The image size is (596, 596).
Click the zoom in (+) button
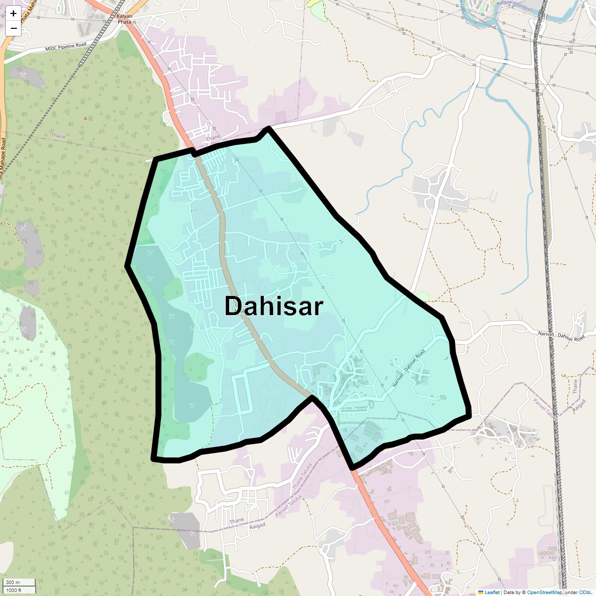point(13,13)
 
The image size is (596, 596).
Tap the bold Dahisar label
point(274,306)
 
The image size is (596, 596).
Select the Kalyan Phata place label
point(124,19)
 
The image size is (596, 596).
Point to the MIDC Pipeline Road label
point(66,47)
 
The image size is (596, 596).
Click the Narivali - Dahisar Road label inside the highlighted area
point(409,369)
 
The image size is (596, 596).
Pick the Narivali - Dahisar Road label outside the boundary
point(561,336)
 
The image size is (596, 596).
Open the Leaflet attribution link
point(492,592)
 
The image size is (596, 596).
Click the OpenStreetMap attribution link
point(544,592)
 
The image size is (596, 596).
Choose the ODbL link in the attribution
point(585,592)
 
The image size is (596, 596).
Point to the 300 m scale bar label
point(13,582)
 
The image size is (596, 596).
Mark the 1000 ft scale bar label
point(14,590)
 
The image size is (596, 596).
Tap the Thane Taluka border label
point(302,476)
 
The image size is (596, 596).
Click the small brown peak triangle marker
point(85,118)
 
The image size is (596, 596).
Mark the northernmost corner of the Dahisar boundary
point(268,129)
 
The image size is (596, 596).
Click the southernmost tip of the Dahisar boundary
point(352,467)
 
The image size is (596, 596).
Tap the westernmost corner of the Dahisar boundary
point(127,266)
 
